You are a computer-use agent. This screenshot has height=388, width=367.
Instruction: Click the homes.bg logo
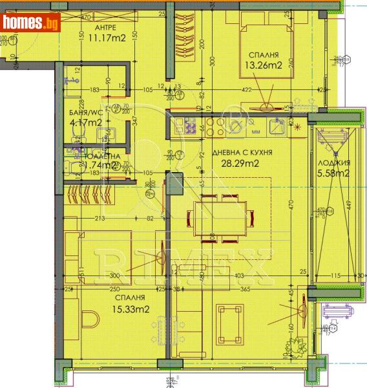tap(31, 23)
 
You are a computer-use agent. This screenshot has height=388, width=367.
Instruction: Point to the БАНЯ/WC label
tap(85, 113)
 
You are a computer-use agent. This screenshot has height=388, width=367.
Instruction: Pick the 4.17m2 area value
tap(85, 122)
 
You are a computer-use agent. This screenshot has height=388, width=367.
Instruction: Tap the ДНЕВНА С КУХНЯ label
tap(242, 153)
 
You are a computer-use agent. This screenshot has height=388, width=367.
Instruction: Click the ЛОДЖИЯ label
tap(335, 163)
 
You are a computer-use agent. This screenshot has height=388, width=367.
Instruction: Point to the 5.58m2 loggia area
tap(335, 173)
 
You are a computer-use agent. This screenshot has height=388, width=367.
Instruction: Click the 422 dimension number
tap(264, 90)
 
